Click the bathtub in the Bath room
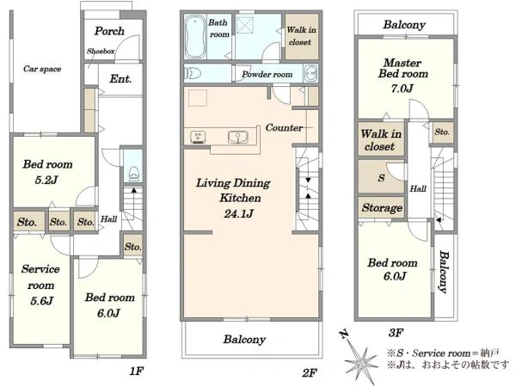(x=195, y=37)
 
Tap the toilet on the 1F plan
(x=133, y=174)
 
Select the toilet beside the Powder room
(x=193, y=73)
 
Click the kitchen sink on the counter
(x=237, y=138)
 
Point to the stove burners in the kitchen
(x=198, y=137)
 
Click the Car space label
(x=42, y=69)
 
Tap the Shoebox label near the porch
(x=101, y=51)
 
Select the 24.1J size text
(x=239, y=214)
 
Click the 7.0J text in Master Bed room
(x=402, y=89)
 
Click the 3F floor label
(x=396, y=333)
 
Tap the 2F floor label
(x=310, y=373)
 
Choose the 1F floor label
(x=136, y=372)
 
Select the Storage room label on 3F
(x=382, y=207)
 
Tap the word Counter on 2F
(x=284, y=127)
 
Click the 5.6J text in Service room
(x=42, y=301)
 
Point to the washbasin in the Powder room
(x=310, y=73)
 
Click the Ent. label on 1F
(x=120, y=78)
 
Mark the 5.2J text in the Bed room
(x=46, y=180)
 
